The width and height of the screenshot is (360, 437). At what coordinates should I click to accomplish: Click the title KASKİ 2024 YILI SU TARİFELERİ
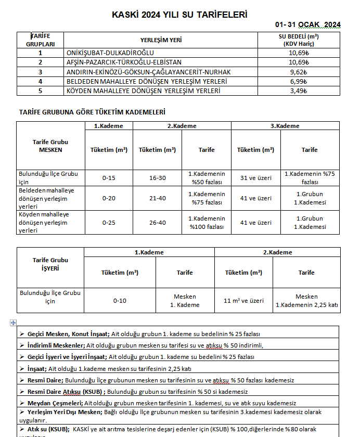[179, 15]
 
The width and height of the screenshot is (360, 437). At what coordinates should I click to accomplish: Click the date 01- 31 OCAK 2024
[308, 24]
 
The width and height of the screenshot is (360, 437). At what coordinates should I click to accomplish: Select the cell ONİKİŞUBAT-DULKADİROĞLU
[110, 53]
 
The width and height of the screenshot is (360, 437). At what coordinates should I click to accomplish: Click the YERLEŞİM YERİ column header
[161, 40]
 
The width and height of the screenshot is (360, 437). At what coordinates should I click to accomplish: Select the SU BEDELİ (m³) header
[299, 37]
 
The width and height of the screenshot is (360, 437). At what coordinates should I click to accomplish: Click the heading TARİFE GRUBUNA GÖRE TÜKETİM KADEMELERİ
[92, 112]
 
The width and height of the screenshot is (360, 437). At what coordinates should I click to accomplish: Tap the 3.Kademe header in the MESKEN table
[285, 126]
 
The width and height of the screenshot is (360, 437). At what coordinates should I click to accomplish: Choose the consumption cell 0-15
[109, 178]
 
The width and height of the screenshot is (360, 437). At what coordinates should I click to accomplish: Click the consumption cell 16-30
[157, 178]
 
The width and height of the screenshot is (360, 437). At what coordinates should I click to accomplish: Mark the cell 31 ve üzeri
[255, 178]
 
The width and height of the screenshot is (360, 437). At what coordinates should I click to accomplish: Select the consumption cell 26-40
[157, 223]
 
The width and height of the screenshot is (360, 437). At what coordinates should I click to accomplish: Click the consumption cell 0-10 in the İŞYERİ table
[120, 301]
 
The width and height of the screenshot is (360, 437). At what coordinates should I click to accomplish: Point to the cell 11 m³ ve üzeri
[243, 301]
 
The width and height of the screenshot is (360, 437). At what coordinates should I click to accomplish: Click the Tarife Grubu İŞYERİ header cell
[50, 264]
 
